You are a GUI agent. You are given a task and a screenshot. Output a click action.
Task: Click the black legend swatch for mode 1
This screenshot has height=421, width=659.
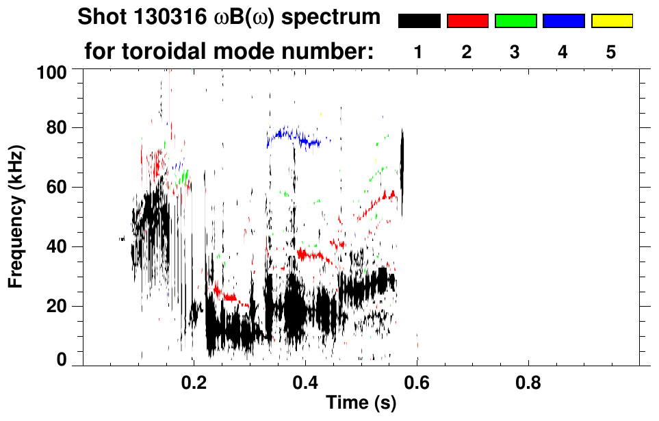tap(419, 21)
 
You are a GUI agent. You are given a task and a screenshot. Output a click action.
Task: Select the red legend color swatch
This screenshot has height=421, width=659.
tap(467, 21)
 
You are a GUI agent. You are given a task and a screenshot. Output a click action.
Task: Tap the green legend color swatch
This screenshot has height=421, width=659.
tap(515, 21)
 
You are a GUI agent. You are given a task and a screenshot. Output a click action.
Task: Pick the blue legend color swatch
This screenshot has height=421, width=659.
tap(563, 21)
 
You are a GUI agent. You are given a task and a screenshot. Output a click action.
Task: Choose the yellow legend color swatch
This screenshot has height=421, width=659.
tap(612, 21)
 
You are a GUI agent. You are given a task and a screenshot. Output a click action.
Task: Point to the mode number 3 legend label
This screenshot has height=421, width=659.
tap(515, 53)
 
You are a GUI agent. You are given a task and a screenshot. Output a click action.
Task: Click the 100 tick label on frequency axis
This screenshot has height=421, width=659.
tap(53, 71)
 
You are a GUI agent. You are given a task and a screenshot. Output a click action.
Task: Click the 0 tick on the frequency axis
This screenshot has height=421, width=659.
tap(63, 360)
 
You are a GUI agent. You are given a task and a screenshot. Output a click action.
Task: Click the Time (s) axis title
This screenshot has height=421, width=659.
tap(361, 404)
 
